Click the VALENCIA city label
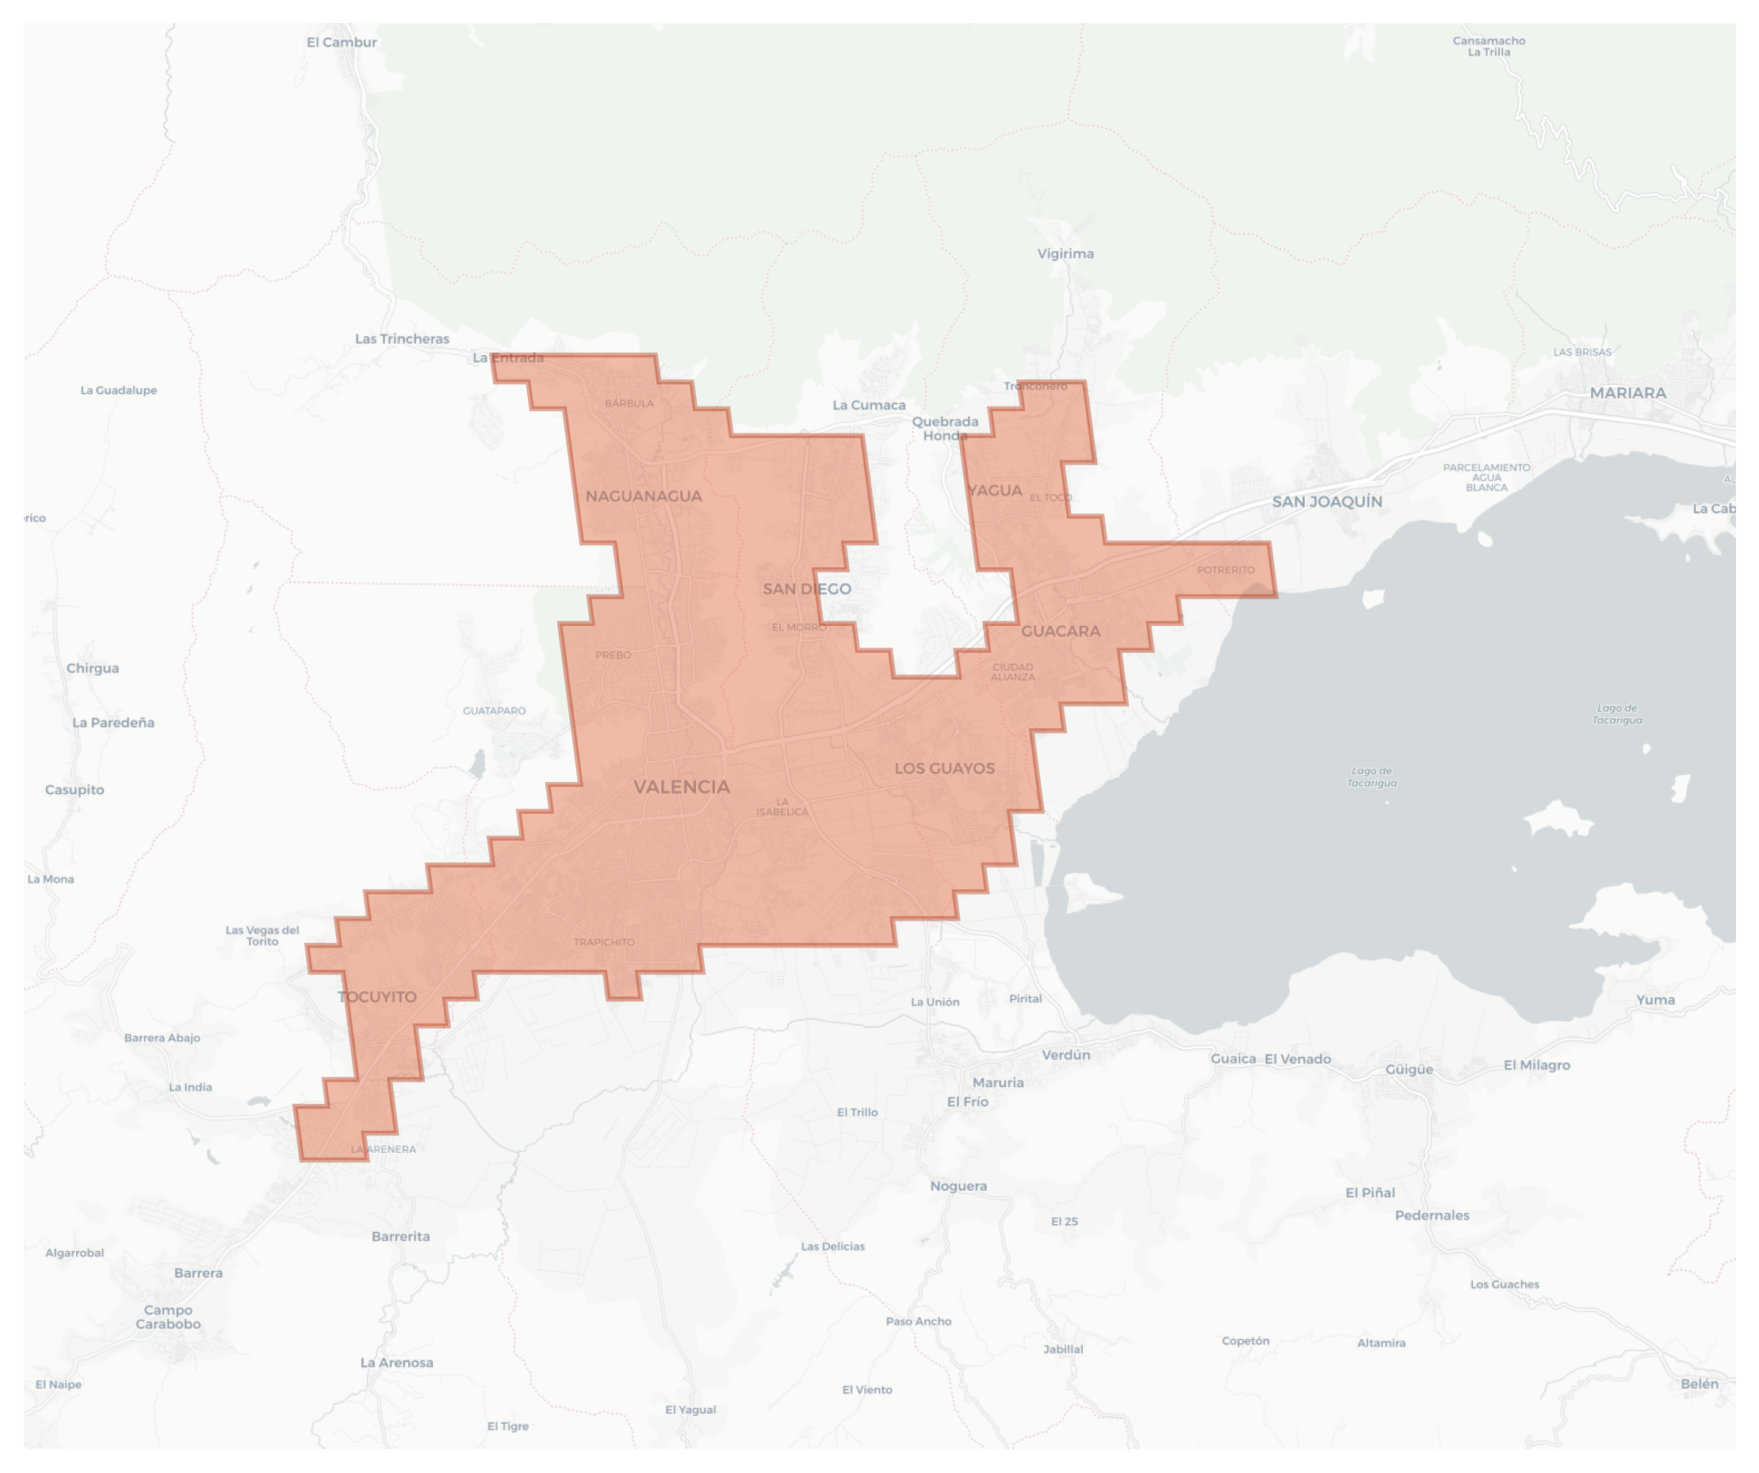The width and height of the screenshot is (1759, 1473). [681, 787]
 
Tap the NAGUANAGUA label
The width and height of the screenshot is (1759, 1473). [644, 497]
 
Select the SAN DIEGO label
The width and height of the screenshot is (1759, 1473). [807, 590]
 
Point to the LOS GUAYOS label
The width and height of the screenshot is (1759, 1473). [944, 769]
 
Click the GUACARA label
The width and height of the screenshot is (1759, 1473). [1061, 632]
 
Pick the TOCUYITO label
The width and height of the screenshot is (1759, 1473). [377, 998]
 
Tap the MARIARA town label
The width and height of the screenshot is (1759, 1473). [1627, 393]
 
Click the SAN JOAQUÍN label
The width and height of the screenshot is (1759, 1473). [1327, 502]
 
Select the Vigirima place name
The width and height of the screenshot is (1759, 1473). [1065, 254]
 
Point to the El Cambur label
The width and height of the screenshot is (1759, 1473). [342, 43]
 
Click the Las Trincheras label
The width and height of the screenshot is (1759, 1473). [402, 339]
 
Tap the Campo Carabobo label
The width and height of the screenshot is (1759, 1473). [168, 1317]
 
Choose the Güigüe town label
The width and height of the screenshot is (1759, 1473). [1409, 1070]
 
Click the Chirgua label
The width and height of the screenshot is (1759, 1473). [92, 668]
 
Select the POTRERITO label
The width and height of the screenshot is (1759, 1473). [1226, 571]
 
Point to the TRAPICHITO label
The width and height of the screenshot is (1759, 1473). [604, 942]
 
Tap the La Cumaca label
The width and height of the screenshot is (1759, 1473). [869, 406]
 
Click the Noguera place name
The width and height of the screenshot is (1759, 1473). [958, 1186]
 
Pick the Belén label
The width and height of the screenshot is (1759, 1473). [1699, 1384]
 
